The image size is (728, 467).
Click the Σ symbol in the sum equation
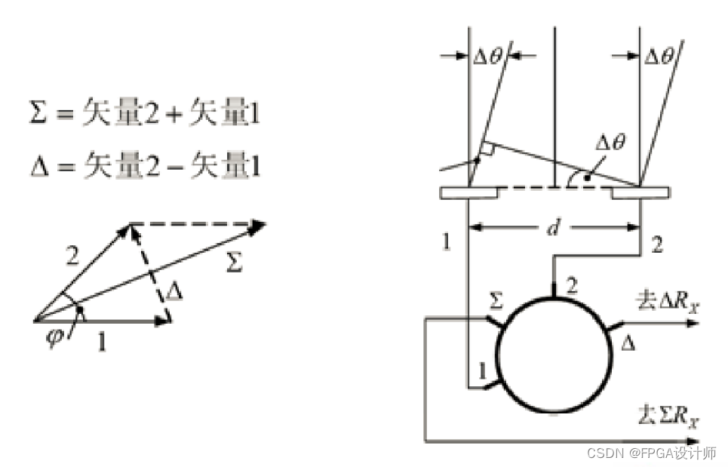click(38, 112)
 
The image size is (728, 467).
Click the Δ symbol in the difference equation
click(39, 166)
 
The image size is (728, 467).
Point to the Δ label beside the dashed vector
click(174, 291)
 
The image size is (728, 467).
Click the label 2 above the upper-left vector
click(72, 256)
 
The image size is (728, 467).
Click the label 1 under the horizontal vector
click(102, 342)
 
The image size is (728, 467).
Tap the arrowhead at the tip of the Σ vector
click(257, 227)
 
